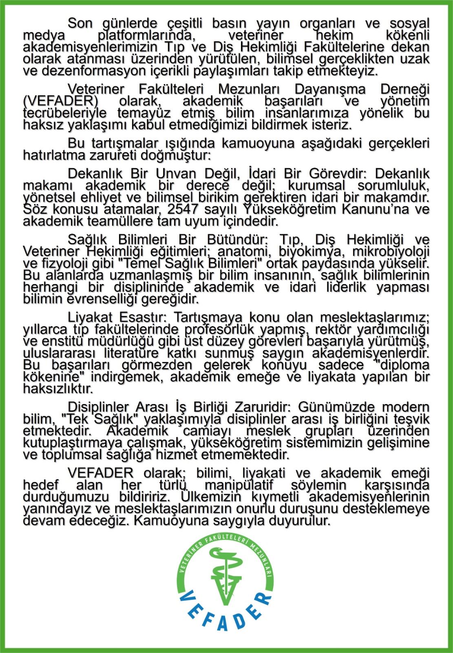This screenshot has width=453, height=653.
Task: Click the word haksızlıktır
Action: pos(58,388)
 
